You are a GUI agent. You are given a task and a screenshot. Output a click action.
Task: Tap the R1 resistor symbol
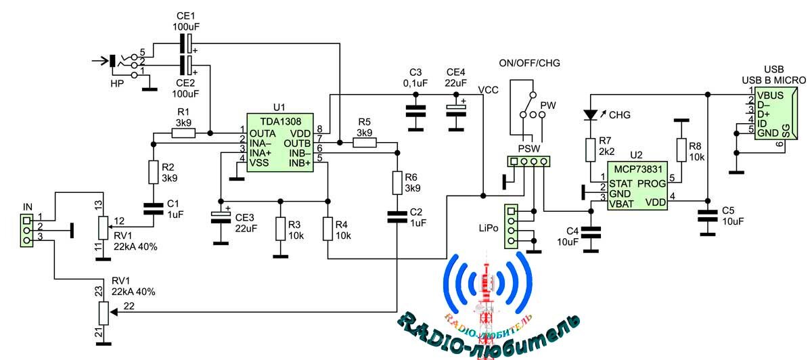tap(184, 133)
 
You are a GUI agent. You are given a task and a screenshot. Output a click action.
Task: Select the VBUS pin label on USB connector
tap(771, 95)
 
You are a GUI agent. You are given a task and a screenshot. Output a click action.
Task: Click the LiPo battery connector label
tap(489, 229)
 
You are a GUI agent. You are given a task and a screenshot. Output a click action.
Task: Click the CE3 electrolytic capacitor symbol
tap(220, 216)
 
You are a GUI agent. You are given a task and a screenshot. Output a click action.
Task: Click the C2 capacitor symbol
tap(397, 217)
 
